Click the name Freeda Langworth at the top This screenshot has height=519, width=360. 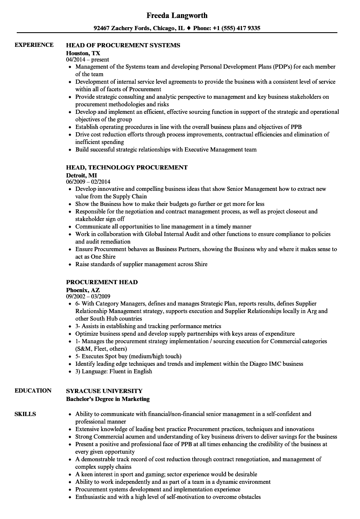(177, 15)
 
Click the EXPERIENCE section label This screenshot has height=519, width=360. (34, 45)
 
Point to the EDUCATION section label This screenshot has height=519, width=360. (33, 391)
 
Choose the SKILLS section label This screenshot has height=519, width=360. (25, 414)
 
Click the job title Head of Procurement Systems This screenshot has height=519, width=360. (123, 45)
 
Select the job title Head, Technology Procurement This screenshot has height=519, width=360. (127, 167)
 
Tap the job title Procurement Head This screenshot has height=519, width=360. (102, 282)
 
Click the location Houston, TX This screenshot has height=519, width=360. (83, 53)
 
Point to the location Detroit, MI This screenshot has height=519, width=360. (82, 175)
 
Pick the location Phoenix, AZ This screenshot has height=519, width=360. (83, 290)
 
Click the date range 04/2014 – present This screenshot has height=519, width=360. (87, 60)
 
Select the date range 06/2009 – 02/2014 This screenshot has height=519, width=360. (88, 182)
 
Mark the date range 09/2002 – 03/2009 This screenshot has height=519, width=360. (88, 297)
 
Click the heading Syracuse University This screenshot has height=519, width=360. (104, 391)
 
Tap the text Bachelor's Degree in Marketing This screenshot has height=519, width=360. (108, 399)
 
